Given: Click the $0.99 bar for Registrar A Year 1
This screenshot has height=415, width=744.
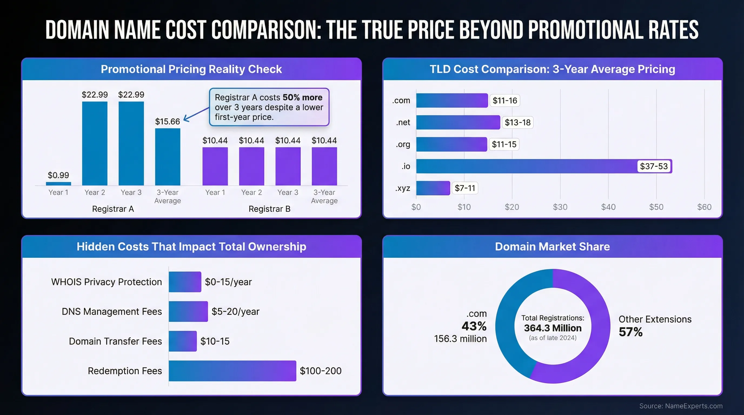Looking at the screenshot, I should [x=58, y=183].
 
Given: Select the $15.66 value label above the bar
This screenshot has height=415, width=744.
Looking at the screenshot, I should [x=168, y=122].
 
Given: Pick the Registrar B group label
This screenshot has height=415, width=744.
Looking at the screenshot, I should [x=269, y=209].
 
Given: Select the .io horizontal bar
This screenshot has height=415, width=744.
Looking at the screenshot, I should [x=526, y=166].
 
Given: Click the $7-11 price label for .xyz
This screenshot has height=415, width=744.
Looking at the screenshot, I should [x=465, y=188].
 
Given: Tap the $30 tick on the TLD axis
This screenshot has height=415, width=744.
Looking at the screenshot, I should [x=560, y=207].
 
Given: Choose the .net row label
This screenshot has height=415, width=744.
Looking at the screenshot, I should [x=403, y=122].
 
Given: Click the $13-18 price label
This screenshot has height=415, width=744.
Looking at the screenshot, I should [x=517, y=122].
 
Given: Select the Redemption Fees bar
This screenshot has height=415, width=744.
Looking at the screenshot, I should [x=232, y=371].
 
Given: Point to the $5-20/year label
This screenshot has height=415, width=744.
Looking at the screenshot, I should [x=235, y=312].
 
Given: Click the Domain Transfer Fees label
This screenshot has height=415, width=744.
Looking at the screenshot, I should [x=115, y=342].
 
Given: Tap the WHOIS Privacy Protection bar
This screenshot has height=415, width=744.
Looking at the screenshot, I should [x=185, y=282].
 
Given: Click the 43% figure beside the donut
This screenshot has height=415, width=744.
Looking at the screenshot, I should [x=474, y=326].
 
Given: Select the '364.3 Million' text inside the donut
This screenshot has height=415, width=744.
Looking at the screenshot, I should [x=553, y=328].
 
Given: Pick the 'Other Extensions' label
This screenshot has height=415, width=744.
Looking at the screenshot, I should [x=655, y=319].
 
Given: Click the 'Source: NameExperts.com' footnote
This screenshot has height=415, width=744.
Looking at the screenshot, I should [x=681, y=406].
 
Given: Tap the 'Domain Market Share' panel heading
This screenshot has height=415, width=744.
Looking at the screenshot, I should [x=552, y=247].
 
